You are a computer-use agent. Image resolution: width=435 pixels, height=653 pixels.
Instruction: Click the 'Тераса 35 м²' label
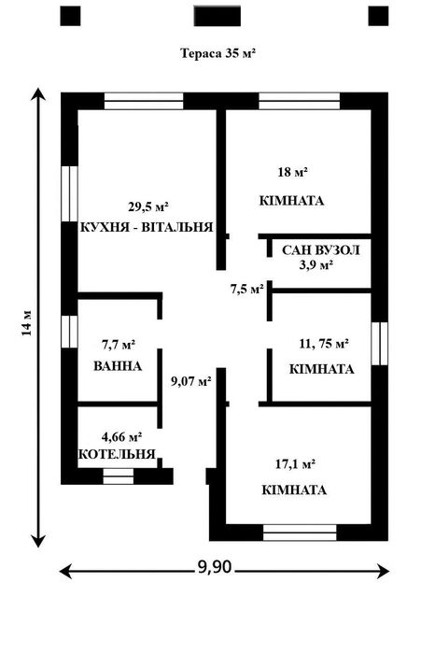[217, 53]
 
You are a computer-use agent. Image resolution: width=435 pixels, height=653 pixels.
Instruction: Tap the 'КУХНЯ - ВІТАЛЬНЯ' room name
[147, 227]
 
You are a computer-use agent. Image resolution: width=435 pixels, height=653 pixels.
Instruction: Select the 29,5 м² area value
[147, 206]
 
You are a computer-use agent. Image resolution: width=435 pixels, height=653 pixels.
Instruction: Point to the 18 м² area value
[292, 172]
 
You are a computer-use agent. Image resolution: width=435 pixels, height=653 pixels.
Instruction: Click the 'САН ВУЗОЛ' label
[320, 250]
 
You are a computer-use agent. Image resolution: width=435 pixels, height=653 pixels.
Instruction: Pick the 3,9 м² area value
[316, 265]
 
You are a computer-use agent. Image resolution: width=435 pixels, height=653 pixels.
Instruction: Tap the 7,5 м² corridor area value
[246, 289]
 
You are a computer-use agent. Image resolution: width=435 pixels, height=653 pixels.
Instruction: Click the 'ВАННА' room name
[118, 366]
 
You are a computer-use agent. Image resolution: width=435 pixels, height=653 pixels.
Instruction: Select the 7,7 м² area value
[119, 345]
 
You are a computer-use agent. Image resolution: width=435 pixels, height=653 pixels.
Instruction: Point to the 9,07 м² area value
[191, 380]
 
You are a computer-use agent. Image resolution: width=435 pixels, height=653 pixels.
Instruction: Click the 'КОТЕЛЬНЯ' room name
[117, 454]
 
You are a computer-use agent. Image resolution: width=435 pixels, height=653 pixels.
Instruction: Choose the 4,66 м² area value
[122, 437]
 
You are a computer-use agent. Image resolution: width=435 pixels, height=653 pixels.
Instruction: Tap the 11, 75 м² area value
[324, 344]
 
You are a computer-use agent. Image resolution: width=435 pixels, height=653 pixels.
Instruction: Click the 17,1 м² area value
[295, 463]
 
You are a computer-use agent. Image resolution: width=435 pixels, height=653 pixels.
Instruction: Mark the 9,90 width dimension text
[215, 566]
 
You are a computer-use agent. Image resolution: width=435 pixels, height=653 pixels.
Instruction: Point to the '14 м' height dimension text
[27, 322]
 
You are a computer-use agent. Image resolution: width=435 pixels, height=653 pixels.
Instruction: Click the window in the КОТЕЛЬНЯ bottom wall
[119, 476]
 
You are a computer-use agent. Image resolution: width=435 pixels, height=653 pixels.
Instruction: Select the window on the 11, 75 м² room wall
[379, 344]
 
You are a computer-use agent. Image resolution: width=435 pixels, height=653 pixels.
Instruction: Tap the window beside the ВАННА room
[69, 332]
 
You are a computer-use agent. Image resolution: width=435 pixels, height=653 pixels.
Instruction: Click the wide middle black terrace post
[217, 16]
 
